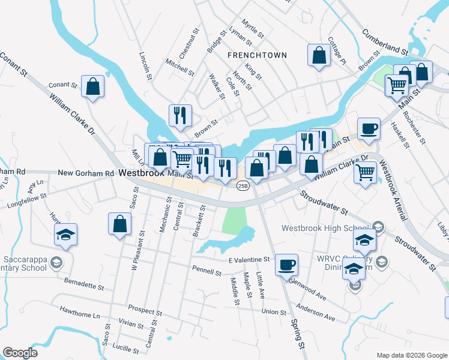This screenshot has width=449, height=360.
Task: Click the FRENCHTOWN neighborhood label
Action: coord(257,55)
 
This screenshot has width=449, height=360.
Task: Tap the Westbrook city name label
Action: coord(142,173)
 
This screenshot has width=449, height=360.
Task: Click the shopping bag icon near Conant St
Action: coord(93,86)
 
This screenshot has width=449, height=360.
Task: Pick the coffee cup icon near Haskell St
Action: coord(369,128)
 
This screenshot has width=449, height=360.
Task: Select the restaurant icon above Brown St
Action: coord(180,115)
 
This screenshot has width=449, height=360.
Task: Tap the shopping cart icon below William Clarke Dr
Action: coord(365,172)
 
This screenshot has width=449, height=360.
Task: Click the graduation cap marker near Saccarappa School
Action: coord(65,234)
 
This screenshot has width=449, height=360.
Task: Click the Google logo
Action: coord(20,353)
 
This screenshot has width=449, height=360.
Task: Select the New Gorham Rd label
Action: coord(85,173)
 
